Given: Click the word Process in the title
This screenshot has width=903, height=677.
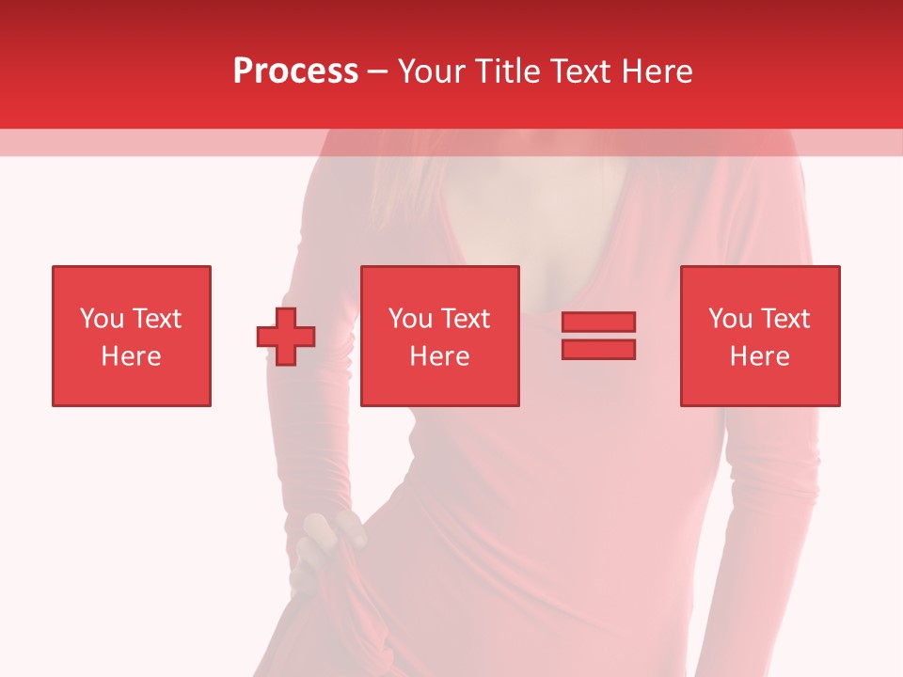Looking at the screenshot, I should coord(295,71).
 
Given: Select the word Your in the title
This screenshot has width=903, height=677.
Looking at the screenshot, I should coord(431,71).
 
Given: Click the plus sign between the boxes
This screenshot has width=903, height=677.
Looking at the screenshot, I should coord(286,337).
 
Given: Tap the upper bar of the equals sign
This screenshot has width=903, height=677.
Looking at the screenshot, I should coord(598,323).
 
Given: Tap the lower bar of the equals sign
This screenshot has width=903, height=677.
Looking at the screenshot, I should coord(598,350).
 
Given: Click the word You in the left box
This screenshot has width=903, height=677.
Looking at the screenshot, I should coord(102,319).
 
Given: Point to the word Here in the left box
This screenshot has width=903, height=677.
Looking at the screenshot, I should coord(132,356).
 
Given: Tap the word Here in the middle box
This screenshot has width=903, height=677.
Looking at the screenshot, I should coord(440,356).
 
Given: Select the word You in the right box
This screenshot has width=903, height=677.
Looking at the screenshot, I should coord(730,319).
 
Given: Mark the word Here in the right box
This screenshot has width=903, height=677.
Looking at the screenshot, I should coord(760,356).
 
